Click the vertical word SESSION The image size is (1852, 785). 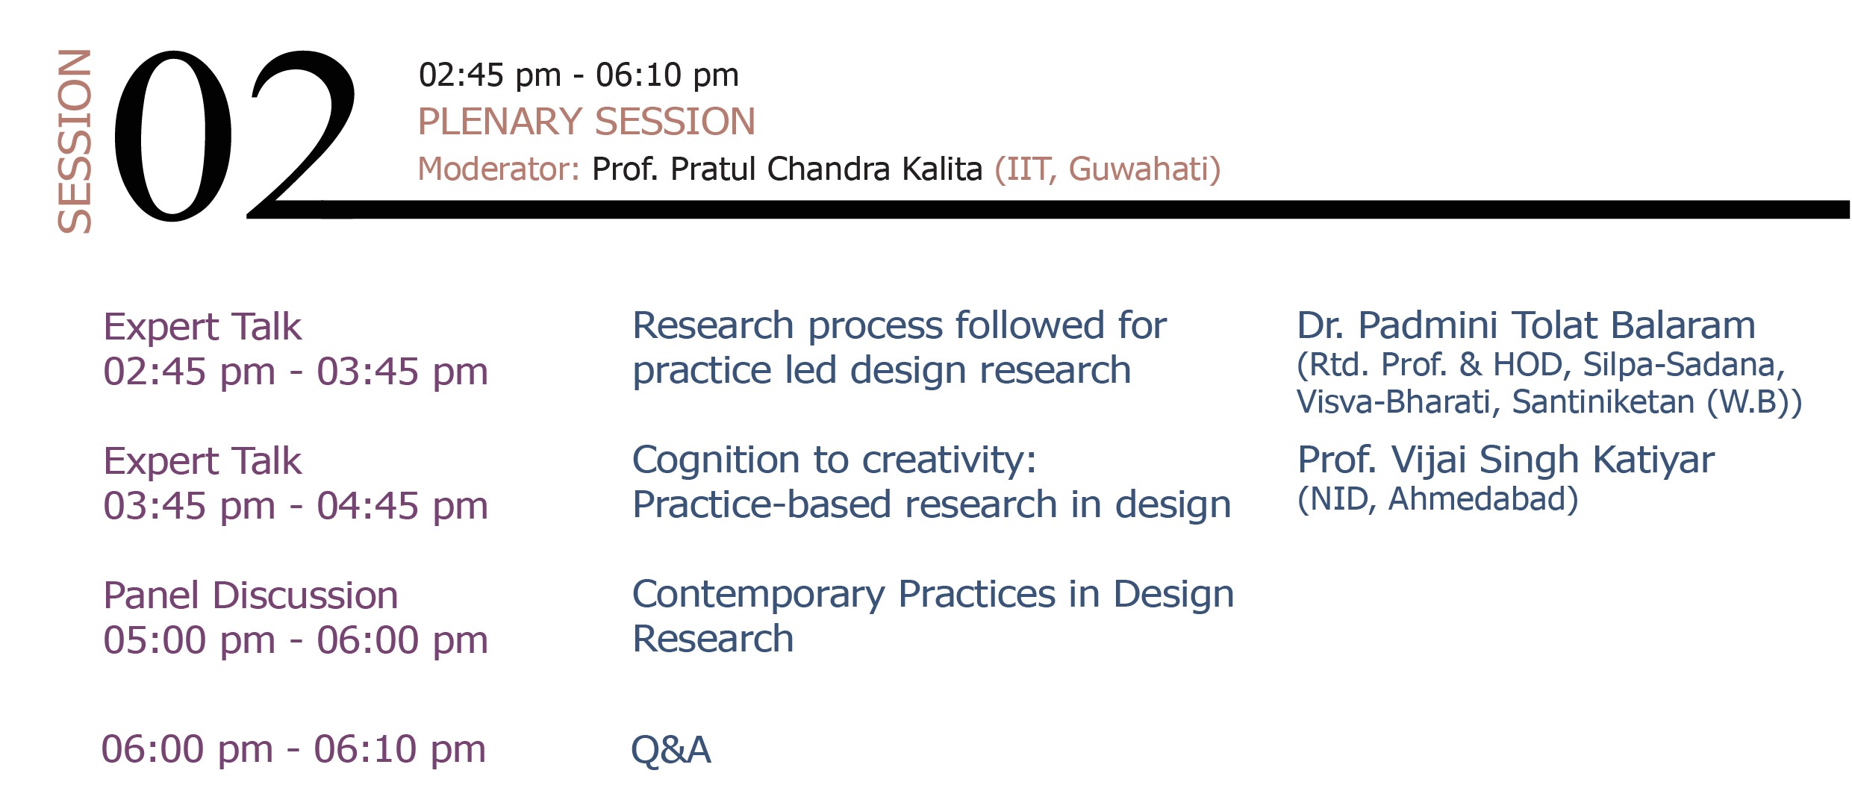[x=75, y=141]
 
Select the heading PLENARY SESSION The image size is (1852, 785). [x=587, y=122]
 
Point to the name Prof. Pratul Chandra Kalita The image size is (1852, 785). [x=787, y=169]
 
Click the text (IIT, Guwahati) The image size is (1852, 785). [x=1108, y=169]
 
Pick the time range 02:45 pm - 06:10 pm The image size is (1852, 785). [x=579, y=75]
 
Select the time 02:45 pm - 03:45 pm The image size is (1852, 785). [x=296, y=372]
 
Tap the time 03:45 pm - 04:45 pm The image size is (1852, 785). [x=296, y=506]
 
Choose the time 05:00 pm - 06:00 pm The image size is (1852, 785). [x=296, y=640]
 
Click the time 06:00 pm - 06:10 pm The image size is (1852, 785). [x=293, y=749]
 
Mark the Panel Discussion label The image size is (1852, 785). [x=251, y=595]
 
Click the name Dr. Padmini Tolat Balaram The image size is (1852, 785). [x=1527, y=325]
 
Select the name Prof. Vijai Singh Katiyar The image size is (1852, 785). [x=1506, y=460]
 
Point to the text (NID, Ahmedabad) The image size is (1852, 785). [x=1438, y=499]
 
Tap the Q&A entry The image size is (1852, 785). [x=671, y=750]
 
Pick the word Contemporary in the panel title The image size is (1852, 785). [x=758, y=595]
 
